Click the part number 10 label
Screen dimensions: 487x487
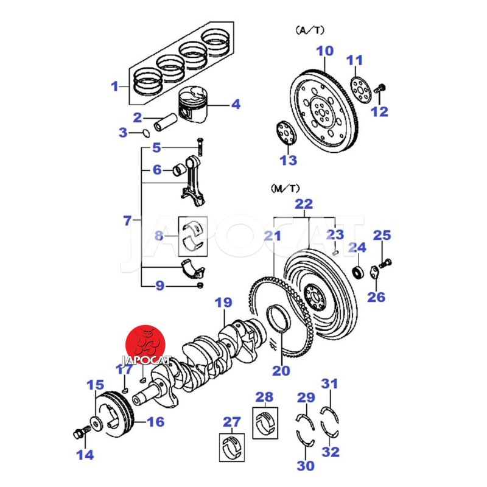coord(325,51)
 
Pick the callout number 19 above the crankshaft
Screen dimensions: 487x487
coord(223,303)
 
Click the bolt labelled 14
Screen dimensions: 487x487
coord(79,433)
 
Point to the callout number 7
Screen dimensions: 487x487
coord(127,220)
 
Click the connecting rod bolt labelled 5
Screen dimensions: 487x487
coord(199,145)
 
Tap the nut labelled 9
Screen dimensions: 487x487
coord(200,285)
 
